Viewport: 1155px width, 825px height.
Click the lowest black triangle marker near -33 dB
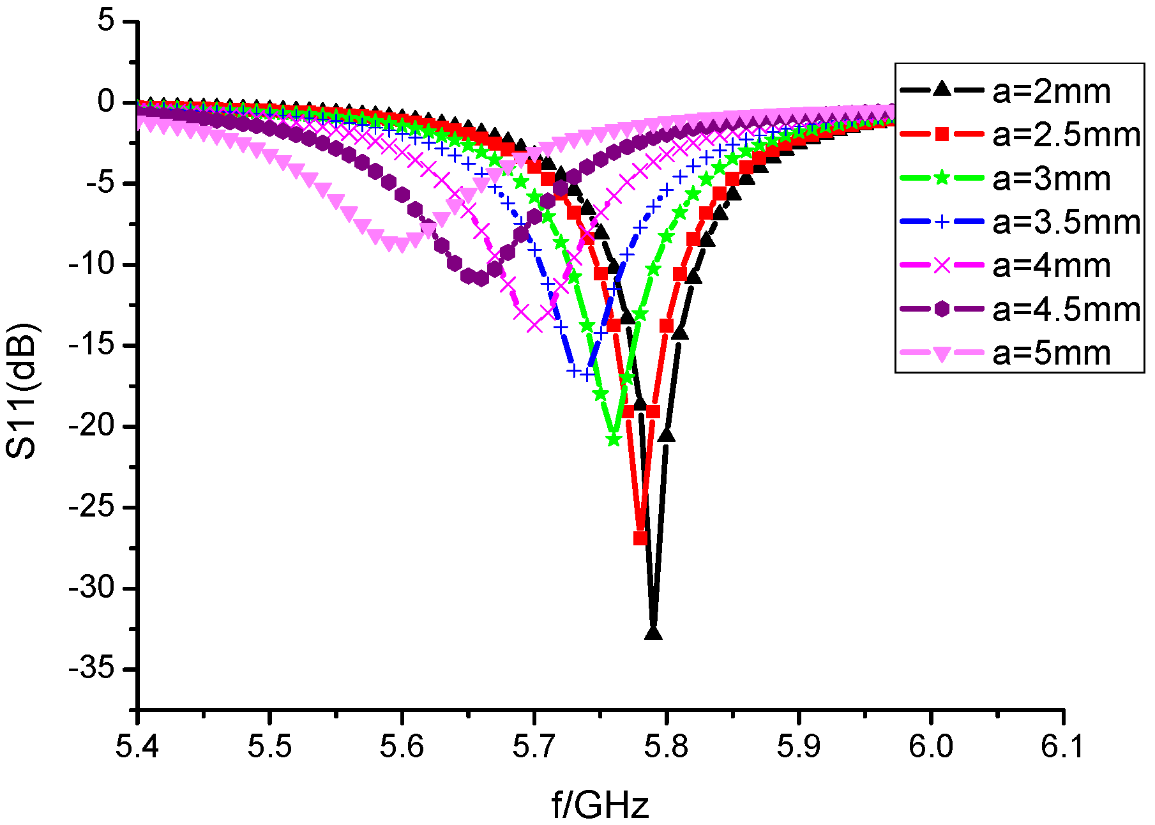click(653, 632)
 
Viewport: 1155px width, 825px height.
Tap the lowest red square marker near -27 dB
click(640, 538)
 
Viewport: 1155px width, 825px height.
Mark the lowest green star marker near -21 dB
click(614, 439)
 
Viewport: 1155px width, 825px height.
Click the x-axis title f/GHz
click(600, 804)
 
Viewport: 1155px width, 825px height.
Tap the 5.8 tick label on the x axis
click(666, 746)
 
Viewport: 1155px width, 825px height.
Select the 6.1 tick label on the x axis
click(1062, 746)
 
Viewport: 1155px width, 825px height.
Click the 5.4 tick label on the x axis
click(137, 746)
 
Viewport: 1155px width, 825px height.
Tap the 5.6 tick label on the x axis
click(402, 746)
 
